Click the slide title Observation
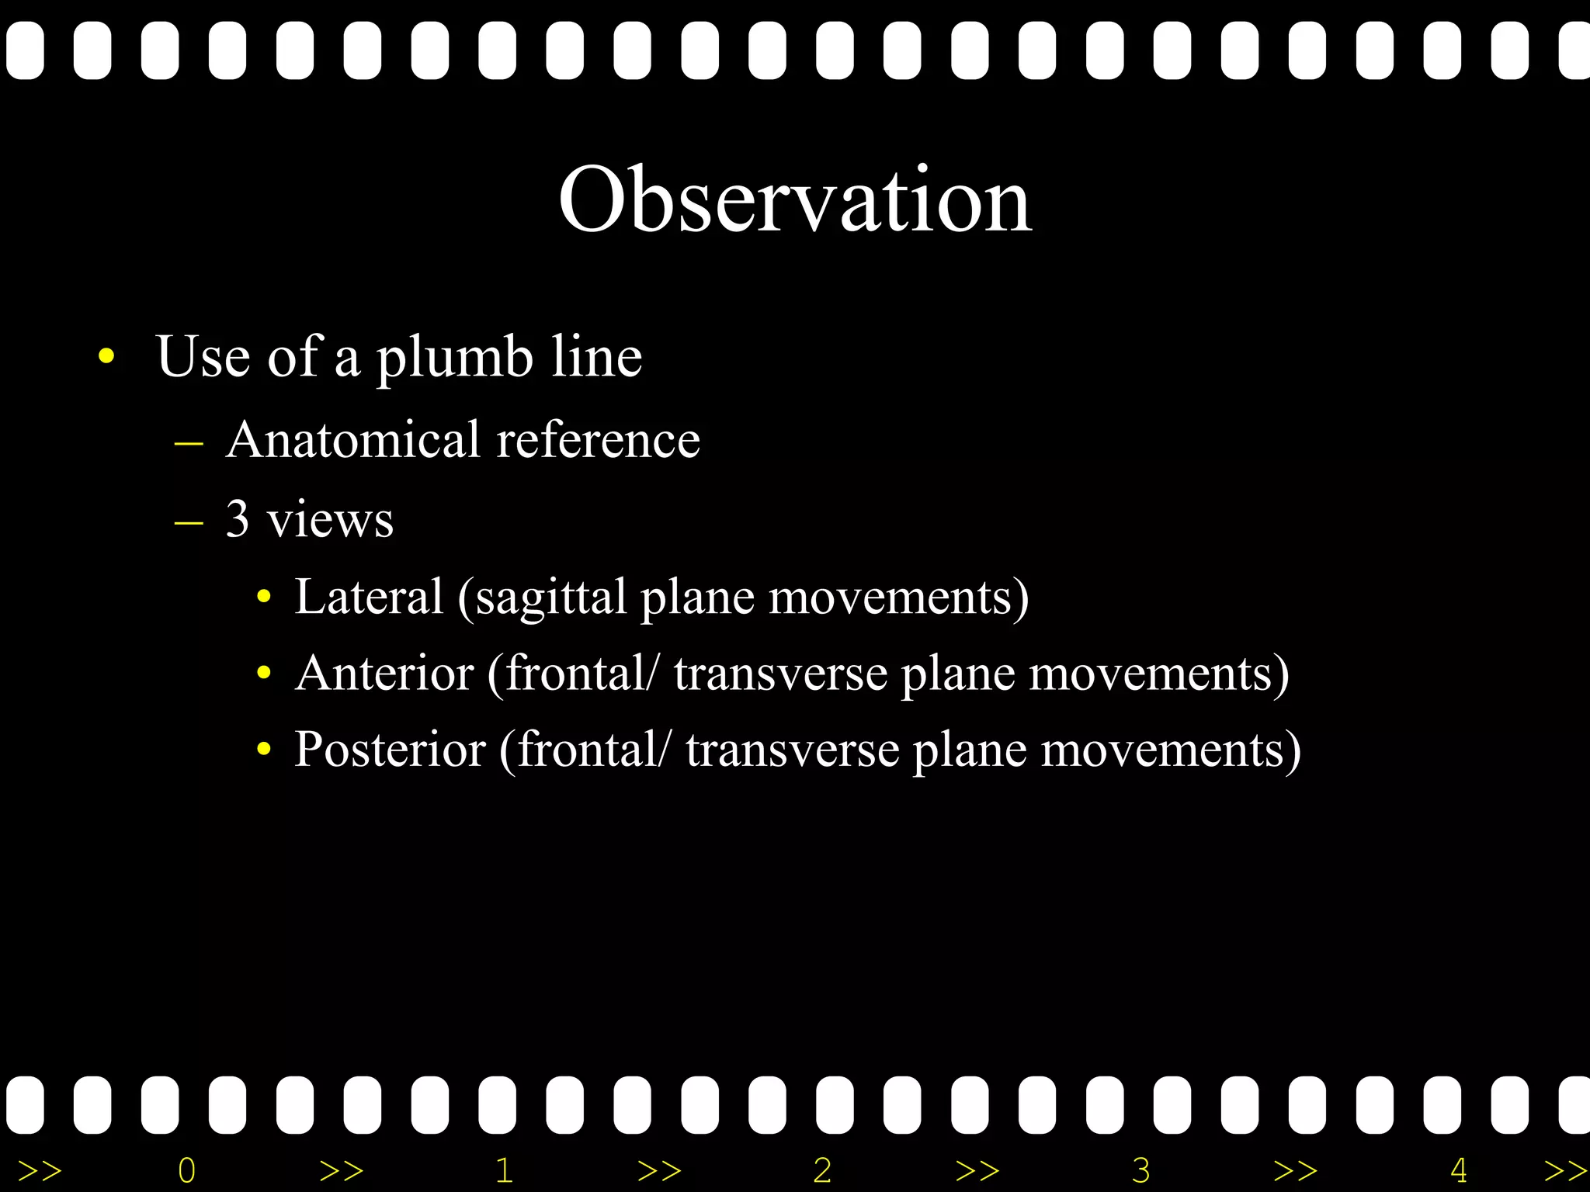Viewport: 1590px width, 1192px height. tap(795, 200)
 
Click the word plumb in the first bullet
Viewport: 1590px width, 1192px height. tap(454, 358)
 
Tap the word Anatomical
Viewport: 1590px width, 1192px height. tap(353, 440)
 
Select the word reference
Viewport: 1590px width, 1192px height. tap(598, 440)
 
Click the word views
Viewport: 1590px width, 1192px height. tap(330, 520)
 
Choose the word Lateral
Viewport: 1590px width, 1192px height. tap(369, 597)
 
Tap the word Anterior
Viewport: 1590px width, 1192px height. tap(384, 673)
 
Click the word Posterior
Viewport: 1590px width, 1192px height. tap(390, 750)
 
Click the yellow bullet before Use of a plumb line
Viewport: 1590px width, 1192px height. tap(106, 357)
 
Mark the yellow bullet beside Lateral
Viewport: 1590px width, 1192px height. tap(264, 598)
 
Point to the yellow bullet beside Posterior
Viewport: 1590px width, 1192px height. tap(264, 750)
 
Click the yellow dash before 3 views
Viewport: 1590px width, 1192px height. tap(189, 522)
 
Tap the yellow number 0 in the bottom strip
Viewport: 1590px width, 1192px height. tap(186, 1170)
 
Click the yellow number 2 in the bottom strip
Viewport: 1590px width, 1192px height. tap(822, 1170)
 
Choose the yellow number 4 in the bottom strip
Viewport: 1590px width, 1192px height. tap(1458, 1170)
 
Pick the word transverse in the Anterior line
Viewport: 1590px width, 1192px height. tap(780, 673)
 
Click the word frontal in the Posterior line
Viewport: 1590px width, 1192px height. tap(588, 750)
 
